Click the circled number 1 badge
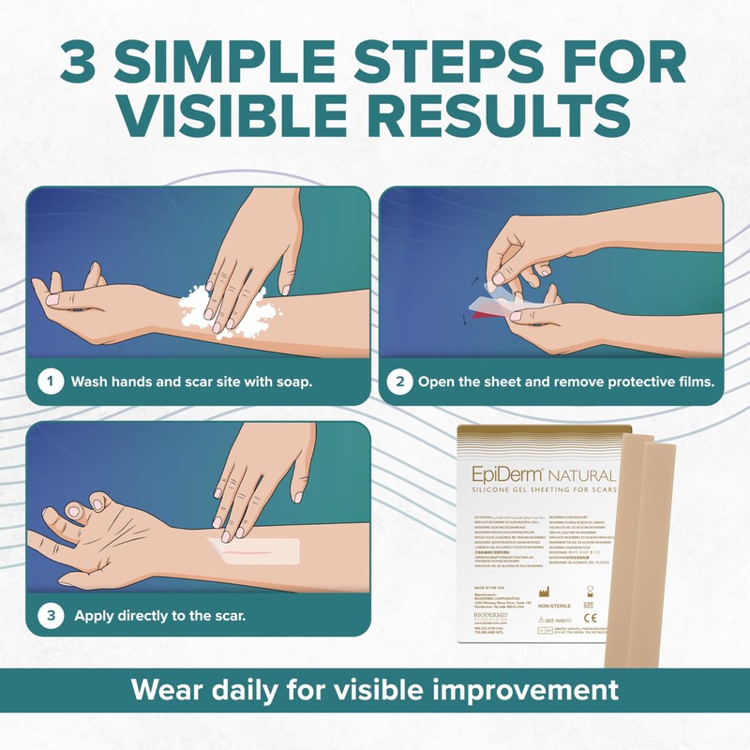click(51, 382)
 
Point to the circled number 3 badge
click(51, 616)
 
